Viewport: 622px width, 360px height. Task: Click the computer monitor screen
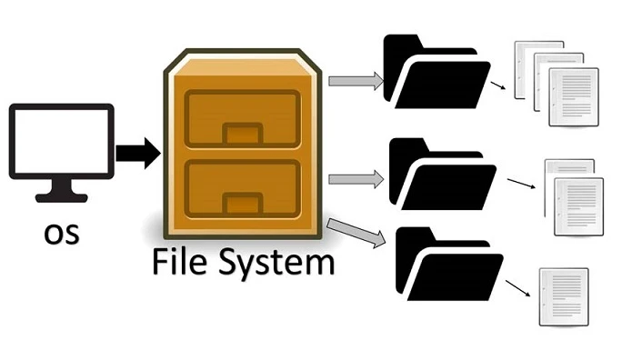[61, 140]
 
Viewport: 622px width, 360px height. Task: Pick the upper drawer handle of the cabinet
[242, 135]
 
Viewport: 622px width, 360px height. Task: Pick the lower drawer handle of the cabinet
[242, 201]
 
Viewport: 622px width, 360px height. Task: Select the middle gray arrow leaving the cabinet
[355, 178]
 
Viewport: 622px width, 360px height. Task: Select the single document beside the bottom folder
[564, 296]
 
